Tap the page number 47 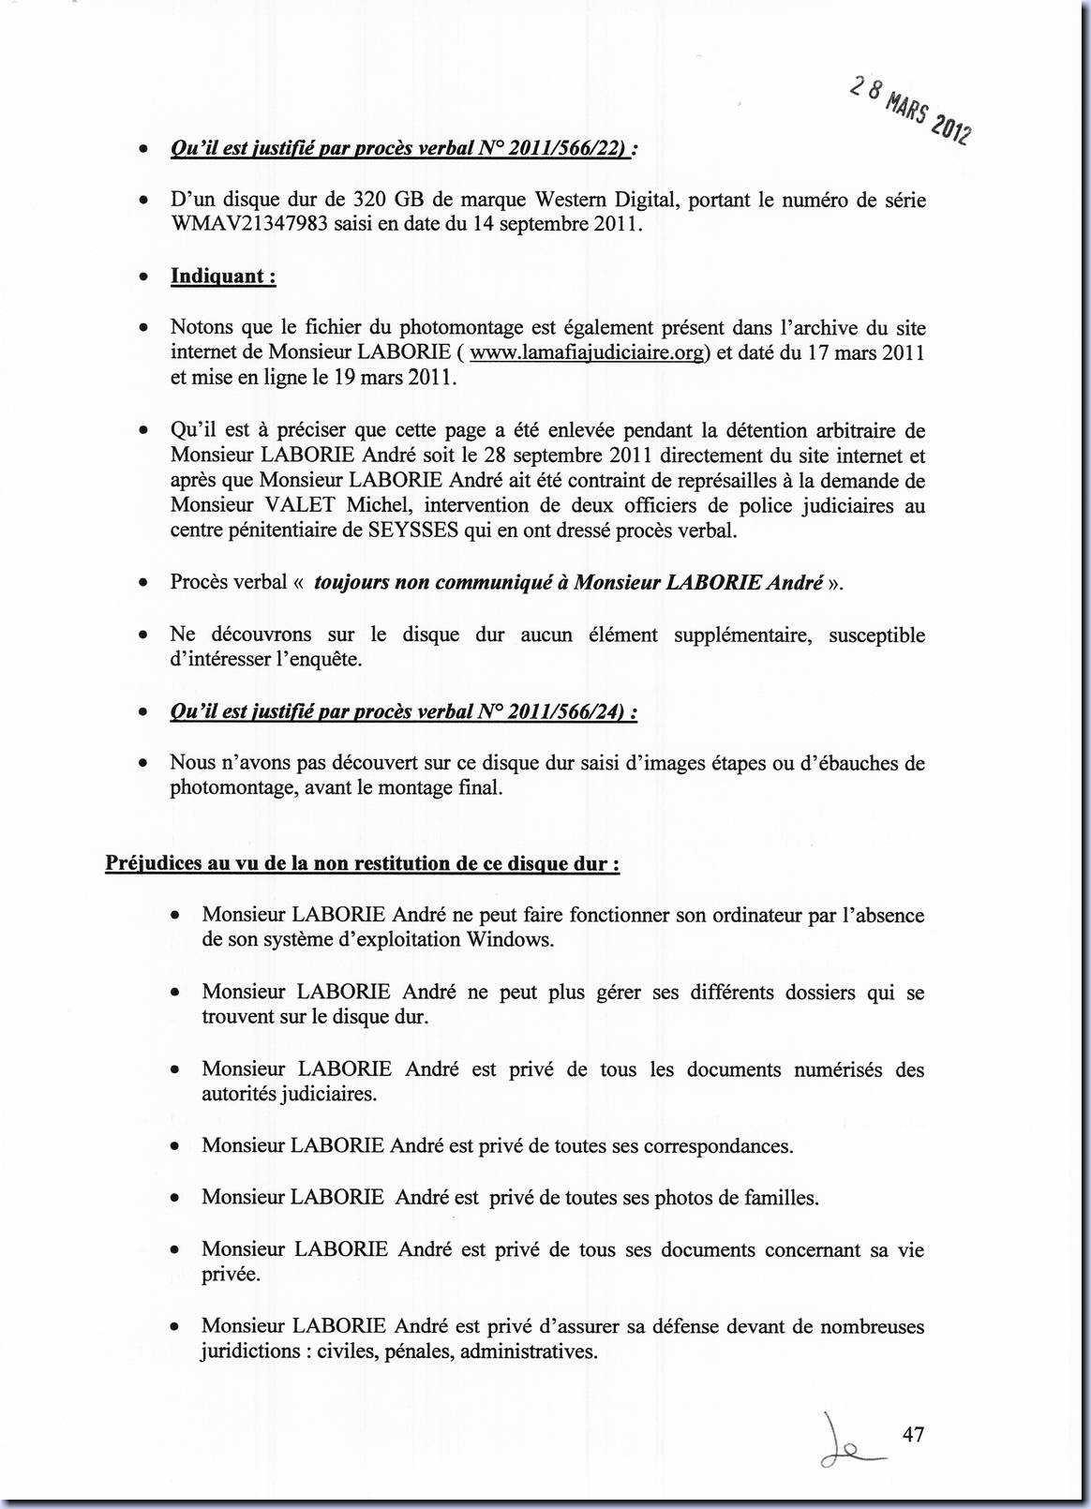coord(913,1434)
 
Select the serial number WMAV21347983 coord(248,225)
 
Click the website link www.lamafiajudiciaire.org coord(586,353)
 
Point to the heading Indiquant coord(222,276)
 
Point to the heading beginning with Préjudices coord(362,863)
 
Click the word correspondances coord(717,1145)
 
